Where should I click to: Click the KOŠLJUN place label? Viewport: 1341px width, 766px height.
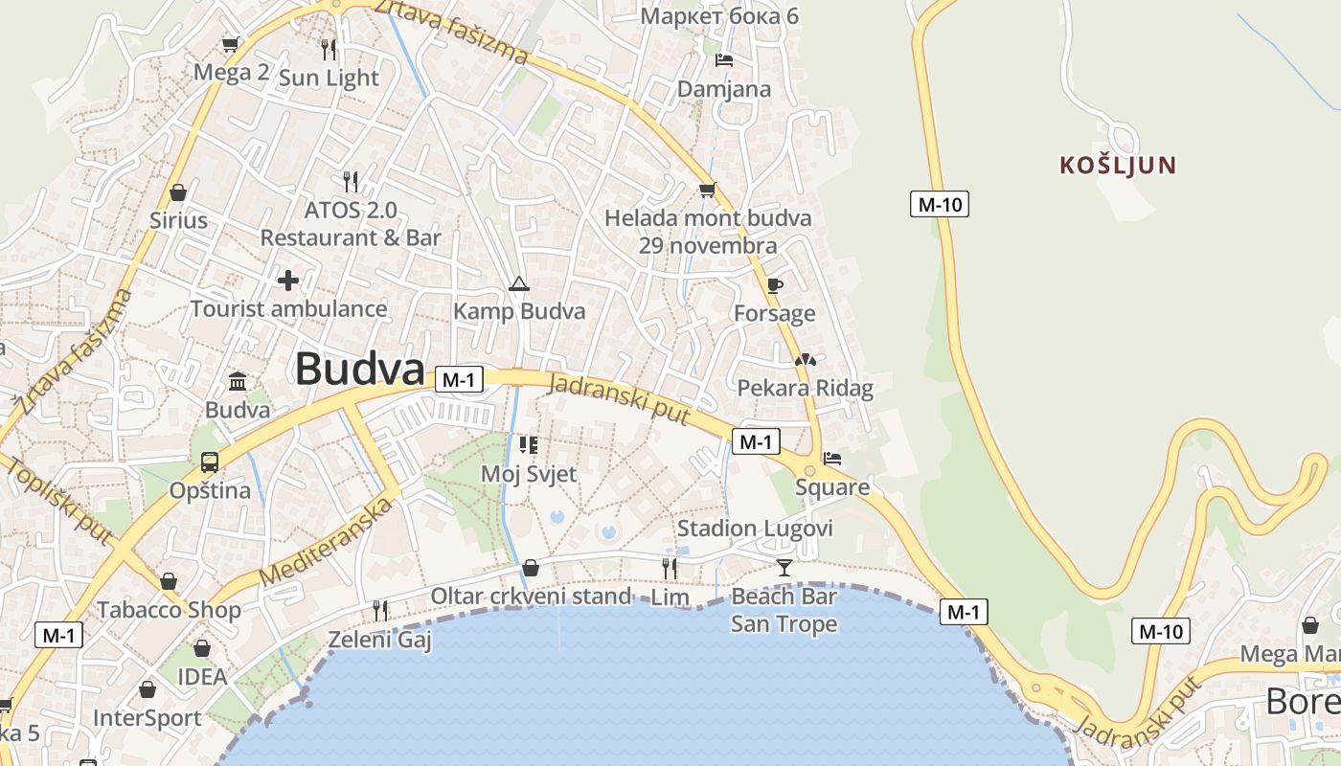tap(1117, 165)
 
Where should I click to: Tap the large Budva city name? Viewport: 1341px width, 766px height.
tap(359, 369)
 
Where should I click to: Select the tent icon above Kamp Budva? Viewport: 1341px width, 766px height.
tap(518, 282)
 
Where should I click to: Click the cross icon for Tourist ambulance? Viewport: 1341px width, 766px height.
tap(287, 281)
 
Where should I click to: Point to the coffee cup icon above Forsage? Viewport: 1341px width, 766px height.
tap(774, 285)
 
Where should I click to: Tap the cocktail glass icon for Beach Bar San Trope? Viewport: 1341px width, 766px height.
tap(784, 568)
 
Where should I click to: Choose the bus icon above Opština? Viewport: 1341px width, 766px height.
tap(210, 462)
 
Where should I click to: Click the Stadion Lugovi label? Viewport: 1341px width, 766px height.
tap(755, 529)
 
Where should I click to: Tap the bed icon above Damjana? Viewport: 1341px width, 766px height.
tap(724, 60)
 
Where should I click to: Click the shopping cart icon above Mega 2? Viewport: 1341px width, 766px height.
tap(230, 44)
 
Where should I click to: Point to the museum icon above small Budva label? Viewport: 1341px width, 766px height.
tap(238, 382)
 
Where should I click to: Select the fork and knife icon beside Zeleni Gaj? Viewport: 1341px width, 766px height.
tap(380, 610)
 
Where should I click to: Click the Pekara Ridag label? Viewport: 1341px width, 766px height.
tap(805, 388)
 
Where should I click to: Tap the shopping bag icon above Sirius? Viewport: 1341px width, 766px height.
tap(177, 192)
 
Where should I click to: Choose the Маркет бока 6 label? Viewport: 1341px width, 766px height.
tap(719, 15)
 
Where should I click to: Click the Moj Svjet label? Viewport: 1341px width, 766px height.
tap(529, 474)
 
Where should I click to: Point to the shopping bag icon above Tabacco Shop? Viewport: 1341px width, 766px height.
tap(169, 581)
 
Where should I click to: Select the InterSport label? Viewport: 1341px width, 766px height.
tap(148, 717)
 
